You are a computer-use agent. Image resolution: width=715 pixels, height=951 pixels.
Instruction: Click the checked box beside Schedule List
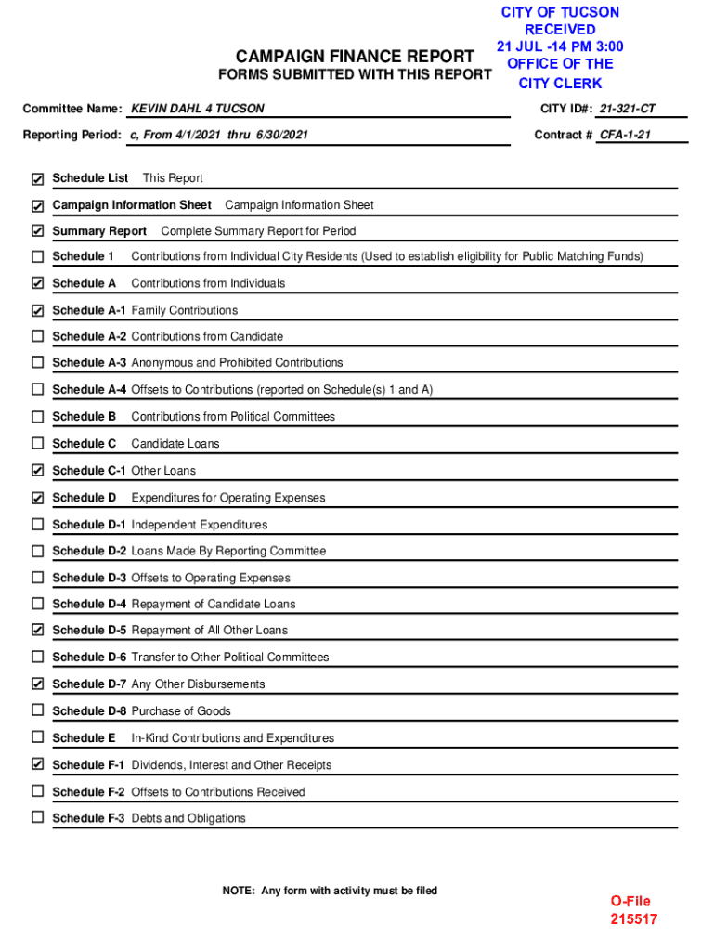pos(37,178)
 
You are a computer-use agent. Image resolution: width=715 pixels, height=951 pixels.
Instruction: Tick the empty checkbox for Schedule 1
pos(37,256)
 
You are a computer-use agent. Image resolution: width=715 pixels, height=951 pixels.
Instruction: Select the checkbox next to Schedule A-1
pos(37,310)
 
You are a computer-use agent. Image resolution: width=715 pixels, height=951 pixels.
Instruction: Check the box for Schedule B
pos(37,417)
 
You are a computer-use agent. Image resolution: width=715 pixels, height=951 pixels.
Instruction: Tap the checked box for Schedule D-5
pos(37,631)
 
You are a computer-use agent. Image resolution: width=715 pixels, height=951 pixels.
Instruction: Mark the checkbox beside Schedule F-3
pos(37,818)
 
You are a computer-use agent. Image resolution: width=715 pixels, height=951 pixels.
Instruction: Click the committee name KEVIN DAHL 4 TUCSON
pos(197,109)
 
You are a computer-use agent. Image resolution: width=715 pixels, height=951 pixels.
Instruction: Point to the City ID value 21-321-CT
pos(627,109)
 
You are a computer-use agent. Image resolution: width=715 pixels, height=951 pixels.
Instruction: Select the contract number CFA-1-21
pos(625,135)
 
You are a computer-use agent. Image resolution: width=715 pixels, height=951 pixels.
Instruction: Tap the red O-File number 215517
pos(633,919)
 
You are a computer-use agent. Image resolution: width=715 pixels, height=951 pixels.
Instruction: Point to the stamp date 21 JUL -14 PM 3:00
pos(560,46)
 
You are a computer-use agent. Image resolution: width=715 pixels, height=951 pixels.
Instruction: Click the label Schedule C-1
pos(89,471)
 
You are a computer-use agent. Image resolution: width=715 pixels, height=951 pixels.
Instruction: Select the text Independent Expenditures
pos(199,525)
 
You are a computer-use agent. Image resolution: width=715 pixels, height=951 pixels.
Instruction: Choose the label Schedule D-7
pos(89,684)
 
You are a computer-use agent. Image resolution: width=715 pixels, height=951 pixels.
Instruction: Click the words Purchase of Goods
pos(181,711)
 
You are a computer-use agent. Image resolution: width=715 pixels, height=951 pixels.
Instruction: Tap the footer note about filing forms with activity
pos(330,891)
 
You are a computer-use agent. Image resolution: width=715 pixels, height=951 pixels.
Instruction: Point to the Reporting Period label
pos(71,135)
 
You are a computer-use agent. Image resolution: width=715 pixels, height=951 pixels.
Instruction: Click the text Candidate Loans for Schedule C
pos(175,444)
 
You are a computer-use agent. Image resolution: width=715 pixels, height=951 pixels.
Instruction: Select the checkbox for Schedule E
pos(37,737)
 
